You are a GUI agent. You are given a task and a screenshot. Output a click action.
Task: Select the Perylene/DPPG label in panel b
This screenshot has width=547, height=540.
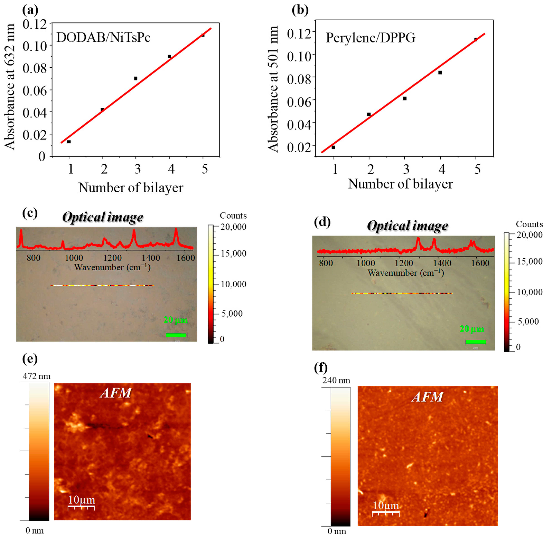[370, 38]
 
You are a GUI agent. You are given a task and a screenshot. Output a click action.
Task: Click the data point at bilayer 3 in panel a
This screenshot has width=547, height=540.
[136, 78]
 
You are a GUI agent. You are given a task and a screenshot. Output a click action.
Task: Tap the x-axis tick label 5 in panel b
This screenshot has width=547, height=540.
[477, 169]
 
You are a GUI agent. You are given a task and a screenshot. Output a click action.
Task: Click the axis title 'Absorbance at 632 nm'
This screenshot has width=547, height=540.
[10, 87]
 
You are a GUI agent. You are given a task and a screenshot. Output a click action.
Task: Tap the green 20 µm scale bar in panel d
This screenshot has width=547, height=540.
[476, 342]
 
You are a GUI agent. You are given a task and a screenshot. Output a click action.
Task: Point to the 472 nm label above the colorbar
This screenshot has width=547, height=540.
[36, 376]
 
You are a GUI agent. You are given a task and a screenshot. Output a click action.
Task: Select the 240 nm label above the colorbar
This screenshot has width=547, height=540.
[336, 381]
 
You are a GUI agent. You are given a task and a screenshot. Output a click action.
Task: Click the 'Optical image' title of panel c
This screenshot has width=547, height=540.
[102, 217]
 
